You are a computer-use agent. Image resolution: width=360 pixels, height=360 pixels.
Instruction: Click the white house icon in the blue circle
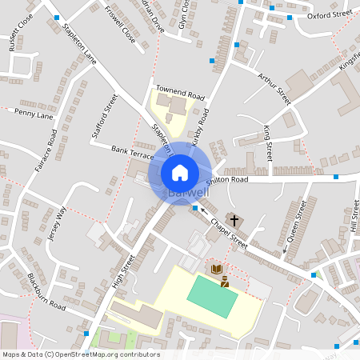pyautogui.click(x=180, y=172)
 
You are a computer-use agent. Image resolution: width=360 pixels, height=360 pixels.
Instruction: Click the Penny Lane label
pyautogui.click(x=34, y=115)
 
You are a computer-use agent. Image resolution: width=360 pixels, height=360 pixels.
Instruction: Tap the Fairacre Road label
pyautogui.click(x=52, y=148)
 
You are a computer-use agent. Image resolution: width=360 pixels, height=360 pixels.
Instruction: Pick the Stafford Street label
pyautogui.click(x=105, y=114)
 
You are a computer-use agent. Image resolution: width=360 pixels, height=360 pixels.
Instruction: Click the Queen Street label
pyautogui.click(x=296, y=225)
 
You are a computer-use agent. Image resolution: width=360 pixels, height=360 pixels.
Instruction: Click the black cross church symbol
pyautogui.click(x=234, y=219)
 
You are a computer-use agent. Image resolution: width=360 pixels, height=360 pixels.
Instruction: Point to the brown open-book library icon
pyautogui.click(x=215, y=270)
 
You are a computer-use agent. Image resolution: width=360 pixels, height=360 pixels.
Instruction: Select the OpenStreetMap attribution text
pyautogui.click(x=81, y=354)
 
